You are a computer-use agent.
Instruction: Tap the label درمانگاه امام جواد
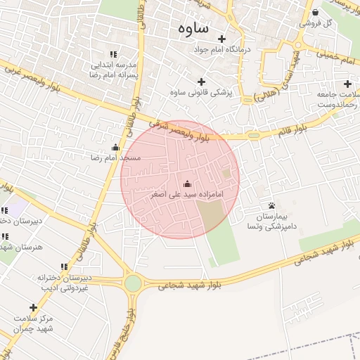pyautogui.click(x=223, y=51)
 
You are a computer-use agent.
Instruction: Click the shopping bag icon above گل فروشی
pyautogui.click(x=315, y=12)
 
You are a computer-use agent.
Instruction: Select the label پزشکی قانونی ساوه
pyautogui.click(x=201, y=92)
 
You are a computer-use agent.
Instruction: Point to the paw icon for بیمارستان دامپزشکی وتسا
pyautogui.click(x=271, y=205)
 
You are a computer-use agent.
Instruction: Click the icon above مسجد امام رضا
pyautogui.click(x=115, y=147)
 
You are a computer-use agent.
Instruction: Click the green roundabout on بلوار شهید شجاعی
pyautogui.click(x=132, y=284)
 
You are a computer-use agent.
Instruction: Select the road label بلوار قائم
pyautogui.click(x=291, y=129)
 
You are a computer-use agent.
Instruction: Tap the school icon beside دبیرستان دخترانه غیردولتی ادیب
pyautogui.click(x=64, y=266)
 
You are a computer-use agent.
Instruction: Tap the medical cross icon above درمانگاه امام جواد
pyautogui.click(x=222, y=39)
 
